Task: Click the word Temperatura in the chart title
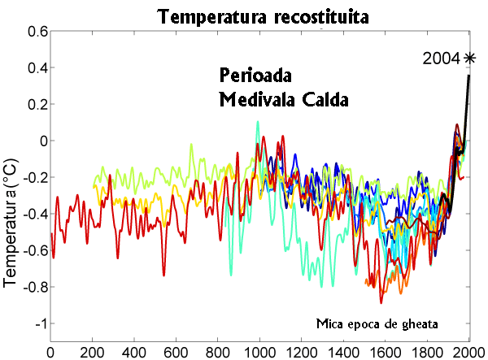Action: [x=210, y=15]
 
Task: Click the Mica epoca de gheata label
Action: [x=378, y=323]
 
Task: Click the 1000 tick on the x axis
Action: [x=259, y=352]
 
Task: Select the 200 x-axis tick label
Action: [x=92, y=352]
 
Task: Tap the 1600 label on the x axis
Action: [x=385, y=352]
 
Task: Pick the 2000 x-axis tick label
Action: [x=468, y=352]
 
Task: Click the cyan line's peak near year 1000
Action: [x=258, y=123]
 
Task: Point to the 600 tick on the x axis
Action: [x=176, y=352]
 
